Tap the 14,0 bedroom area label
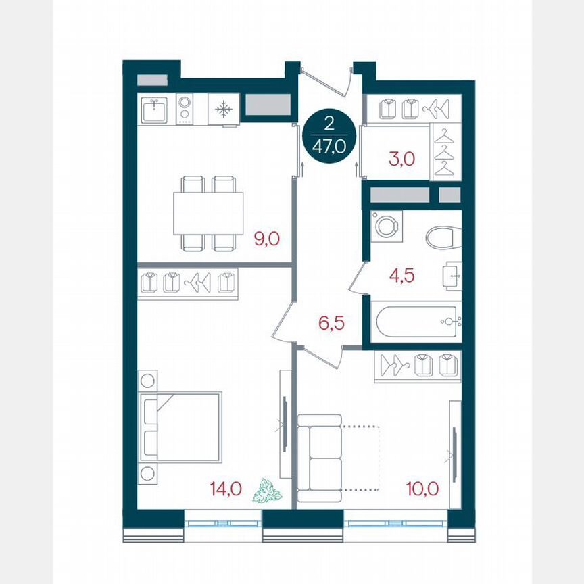pos(226,488)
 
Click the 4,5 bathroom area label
pos(401,276)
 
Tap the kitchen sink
pos(157,109)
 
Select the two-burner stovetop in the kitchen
pos(185,109)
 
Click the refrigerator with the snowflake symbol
pos(223,109)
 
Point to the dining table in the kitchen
pos(208,213)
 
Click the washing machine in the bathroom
pos(386,225)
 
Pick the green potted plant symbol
pos(267,491)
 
